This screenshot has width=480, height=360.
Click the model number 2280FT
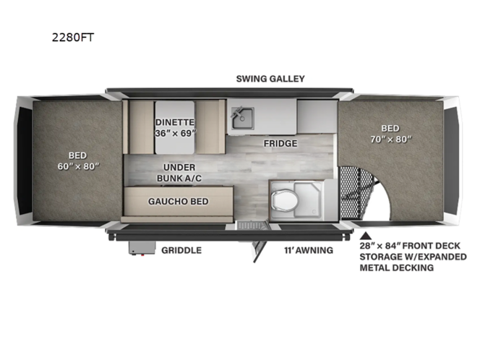pos(73,38)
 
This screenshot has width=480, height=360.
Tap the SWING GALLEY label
pos(270,79)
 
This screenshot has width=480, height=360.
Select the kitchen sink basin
pos(242,118)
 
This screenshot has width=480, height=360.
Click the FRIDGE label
pos(280,143)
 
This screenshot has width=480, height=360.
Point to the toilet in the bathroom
pos(285,200)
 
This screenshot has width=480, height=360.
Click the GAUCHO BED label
pos(178,201)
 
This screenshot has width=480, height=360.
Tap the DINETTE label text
pos(175,122)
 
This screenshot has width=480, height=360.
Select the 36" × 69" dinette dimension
pos(175,133)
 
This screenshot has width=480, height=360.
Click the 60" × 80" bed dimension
pos(78,166)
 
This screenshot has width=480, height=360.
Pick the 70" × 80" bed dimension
pos(391,139)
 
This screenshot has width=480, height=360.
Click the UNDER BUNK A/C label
pos(179,173)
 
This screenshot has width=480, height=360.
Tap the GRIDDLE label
pos(181,250)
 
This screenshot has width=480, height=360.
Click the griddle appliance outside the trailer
pos(142,248)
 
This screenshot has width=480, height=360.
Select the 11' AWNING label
pos(309,250)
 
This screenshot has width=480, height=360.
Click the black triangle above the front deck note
pos(366,236)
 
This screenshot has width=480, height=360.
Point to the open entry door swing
pos(259,252)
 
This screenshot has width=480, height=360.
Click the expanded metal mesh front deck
pos(355,193)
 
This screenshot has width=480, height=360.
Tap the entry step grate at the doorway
pos(252,226)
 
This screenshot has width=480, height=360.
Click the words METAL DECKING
pos(396,267)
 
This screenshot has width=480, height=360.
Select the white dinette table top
pos(175,127)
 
